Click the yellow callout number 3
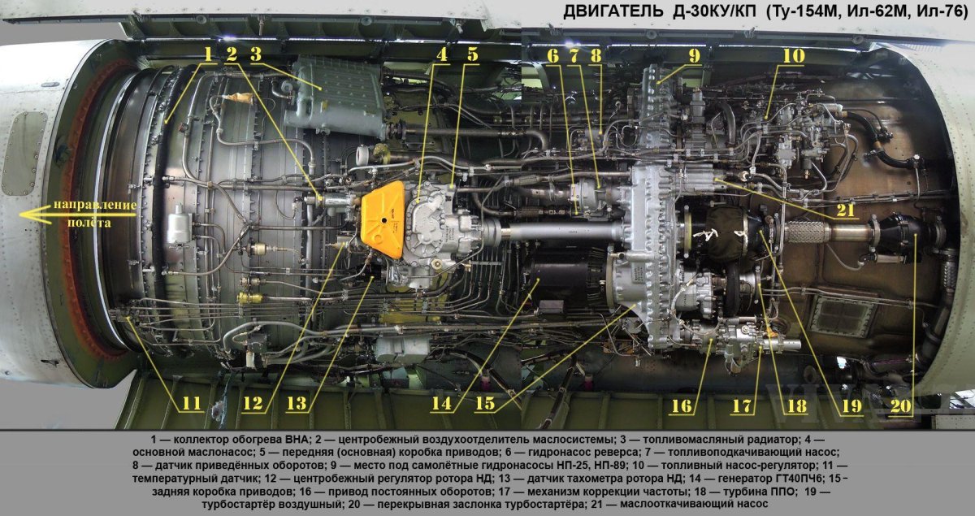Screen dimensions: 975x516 click(x=256, y=54)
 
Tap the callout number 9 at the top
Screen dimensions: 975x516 click(x=694, y=56)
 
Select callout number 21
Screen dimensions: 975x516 click(x=846, y=210)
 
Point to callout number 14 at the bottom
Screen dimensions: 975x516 click(x=441, y=403)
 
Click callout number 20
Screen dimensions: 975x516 click(x=900, y=406)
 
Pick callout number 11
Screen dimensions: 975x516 click(x=191, y=403)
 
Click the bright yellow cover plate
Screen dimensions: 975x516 click(x=383, y=220)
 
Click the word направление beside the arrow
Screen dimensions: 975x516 click(x=95, y=205)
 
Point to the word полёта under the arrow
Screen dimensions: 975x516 click(x=89, y=223)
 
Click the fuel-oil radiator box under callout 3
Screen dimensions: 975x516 click(x=335, y=97)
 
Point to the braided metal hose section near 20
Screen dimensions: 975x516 click(x=806, y=232)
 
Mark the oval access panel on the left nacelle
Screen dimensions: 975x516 click(x=24, y=154)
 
